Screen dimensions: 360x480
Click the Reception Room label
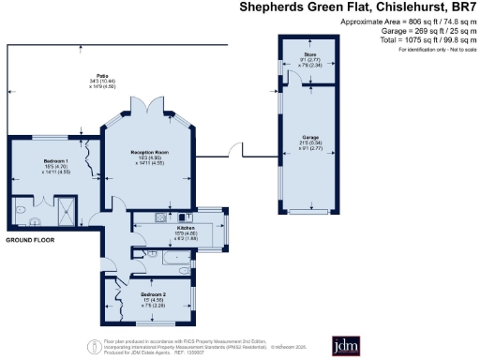[148, 151]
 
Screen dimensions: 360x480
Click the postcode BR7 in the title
[463, 7]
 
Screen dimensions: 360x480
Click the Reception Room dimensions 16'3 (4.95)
[148, 157]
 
